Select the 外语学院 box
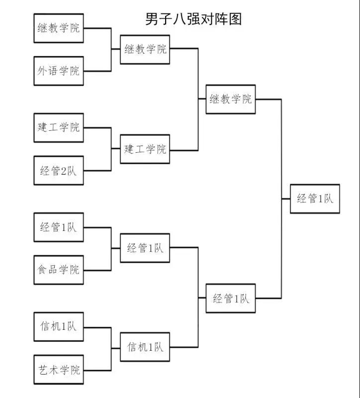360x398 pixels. tap(59, 71)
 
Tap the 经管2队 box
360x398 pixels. tap(59, 171)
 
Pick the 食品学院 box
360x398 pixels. tap(59, 270)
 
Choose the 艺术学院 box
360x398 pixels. tap(59, 370)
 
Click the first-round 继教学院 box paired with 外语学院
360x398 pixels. tap(59, 28)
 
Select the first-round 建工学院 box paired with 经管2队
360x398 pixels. tap(59, 127)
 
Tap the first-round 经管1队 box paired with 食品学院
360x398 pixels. tap(59, 227)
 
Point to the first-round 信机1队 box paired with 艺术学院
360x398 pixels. tap(59, 327)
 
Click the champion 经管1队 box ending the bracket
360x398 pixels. tap(315, 199)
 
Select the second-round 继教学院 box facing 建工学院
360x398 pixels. tap(145, 49)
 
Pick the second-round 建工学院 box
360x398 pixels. tap(145, 149)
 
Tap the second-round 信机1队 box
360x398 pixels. tap(145, 347)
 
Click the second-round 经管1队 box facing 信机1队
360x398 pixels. tap(145, 247)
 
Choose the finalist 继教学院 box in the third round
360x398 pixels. tap(231, 99)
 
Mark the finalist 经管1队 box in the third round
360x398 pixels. tap(231, 298)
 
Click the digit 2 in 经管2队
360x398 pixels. tap(64, 171)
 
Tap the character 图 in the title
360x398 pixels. tap(235, 19)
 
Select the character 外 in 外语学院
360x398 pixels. tap(43, 71)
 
